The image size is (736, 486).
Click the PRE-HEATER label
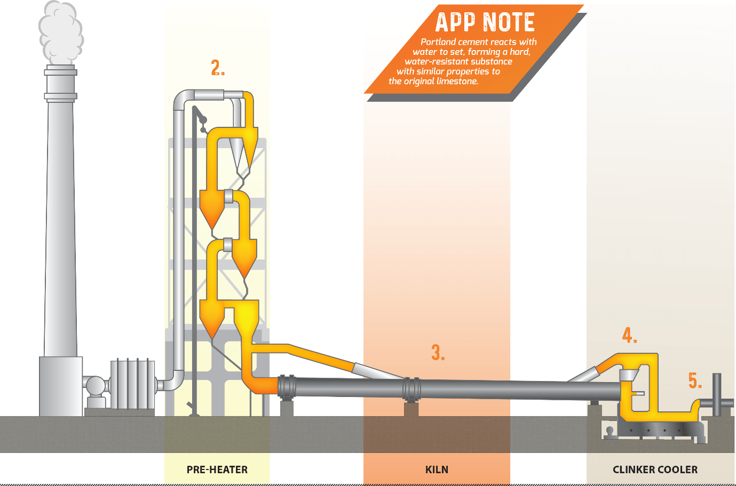coord(217,469)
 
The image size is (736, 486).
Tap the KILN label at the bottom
coord(437,469)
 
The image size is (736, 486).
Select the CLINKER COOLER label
coord(655,469)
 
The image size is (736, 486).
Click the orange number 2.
coord(217,68)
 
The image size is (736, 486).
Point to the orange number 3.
coord(438,352)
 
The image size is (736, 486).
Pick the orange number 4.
coord(629,335)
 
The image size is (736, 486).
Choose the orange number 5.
coord(694,380)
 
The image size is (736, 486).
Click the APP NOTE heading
coord(485,22)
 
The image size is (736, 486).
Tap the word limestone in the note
coord(457,81)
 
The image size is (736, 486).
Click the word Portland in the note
coord(438,42)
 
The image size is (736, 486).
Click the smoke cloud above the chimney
coord(61,32)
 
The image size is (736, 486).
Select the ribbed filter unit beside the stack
coord(132,384)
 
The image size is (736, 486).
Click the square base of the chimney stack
coord(60,386)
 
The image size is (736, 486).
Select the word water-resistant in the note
coord(432,61)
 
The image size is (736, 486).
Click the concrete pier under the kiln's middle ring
coord(411,409)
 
